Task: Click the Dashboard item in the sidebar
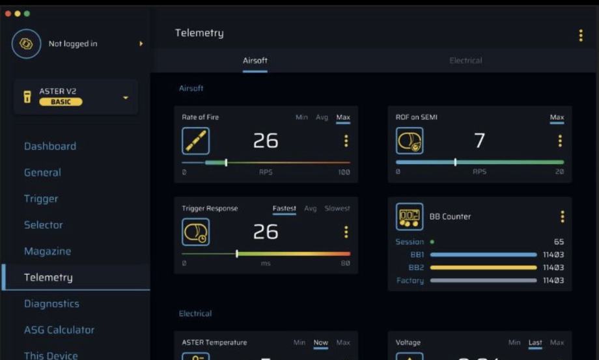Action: (x=50, y=146)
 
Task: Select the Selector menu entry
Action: (x=44, y=225)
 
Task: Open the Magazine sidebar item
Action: (x=48, y=251)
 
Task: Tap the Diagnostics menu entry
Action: (x=51, y=303)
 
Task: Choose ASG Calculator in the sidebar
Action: (x=59, y=330)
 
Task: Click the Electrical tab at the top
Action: (x=466, y=61)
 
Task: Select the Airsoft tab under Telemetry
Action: (x=255, y=61)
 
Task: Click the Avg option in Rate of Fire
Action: (x=322, y=117)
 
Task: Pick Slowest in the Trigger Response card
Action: (x=337, y=208)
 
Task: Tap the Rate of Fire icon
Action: (x=195, y=141)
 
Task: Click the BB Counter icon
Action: (x=410, y=217)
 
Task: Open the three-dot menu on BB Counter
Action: (x=563, y=217)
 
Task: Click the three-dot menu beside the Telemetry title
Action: (x=581, y=36)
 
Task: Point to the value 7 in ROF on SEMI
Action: (x=479, y=141)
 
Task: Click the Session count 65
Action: (x=559, y=242)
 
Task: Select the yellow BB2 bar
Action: (x=483, y=268)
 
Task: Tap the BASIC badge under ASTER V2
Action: (x=61, y=102)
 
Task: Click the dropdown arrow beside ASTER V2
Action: (x=126, y=98)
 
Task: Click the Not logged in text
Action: (x=73, y=44)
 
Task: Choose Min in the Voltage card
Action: (x=514, y=342)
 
